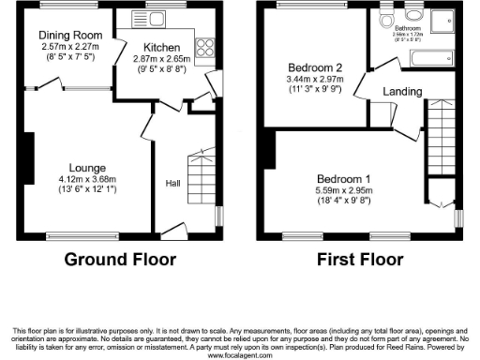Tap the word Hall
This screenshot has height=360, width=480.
click(173, 183)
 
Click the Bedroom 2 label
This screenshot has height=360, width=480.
click(313, 68)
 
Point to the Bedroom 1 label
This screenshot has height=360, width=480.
click(344, 179)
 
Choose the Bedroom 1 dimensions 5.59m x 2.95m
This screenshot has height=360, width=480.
click(344, 190)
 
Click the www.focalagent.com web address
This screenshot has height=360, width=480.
click(240, 356)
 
